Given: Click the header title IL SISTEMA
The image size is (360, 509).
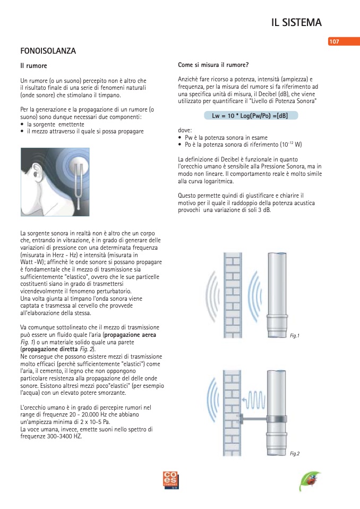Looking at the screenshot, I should click(296, 22).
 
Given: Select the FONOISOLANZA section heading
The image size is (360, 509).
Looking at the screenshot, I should click(48, 52).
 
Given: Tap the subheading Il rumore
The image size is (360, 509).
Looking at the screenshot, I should click(33, 66).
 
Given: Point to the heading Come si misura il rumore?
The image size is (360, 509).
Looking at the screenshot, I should click(213, 65).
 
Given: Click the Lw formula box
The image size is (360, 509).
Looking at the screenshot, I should click(251, 115).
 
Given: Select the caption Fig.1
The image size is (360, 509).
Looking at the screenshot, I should click(295, 336).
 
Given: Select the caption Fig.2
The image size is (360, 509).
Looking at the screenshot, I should click(295, 453).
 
